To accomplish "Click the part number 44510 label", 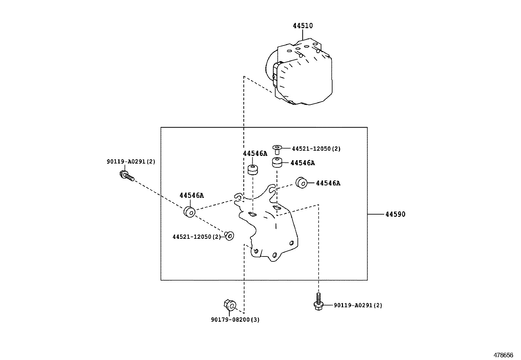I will coord(303,26).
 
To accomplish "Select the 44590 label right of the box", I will coord(395,214).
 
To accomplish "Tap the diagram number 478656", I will coord(503,355).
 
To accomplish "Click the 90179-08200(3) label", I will coord(235,320).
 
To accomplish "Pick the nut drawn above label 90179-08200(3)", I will coord(230,306).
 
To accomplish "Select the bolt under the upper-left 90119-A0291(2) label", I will coord(127,176).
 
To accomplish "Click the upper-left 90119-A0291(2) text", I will coord(131,161).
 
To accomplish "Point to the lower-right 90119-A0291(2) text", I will coord(358,305).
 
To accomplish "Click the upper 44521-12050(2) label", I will coord(316,149).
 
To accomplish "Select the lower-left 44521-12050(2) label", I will coord(197,237).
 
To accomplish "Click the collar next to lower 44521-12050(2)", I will coord(229,235).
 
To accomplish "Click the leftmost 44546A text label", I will coord(191,196).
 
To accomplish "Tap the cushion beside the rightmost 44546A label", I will coord(301,183).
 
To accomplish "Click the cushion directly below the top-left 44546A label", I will coord(253,170).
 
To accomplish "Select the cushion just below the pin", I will coord(277,162).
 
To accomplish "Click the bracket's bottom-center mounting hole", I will coord(274,255).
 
